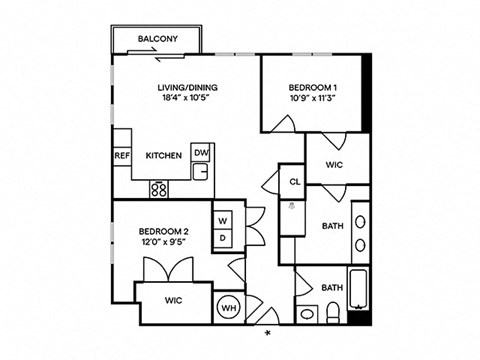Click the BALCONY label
click(159, 40)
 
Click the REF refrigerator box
click(122, 156)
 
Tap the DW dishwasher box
click(201, 153)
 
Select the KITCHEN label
click(163, 156)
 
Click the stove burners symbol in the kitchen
click(159, 187)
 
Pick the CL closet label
click(294, 182)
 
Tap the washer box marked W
click(222, 220)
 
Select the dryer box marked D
click(222, 239)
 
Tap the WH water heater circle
click(228, 308)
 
